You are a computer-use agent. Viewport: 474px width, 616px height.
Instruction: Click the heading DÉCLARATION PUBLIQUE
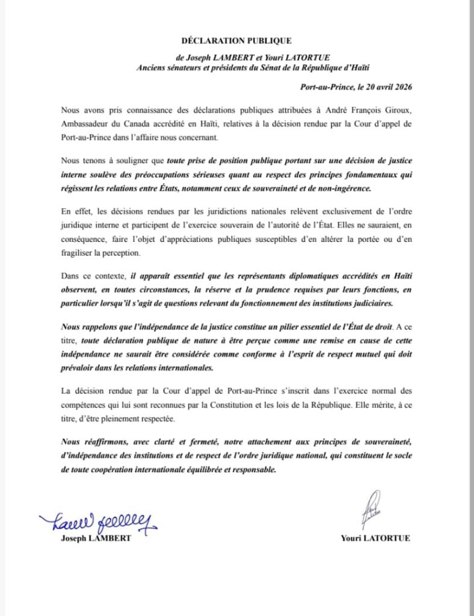(x=236, y=41)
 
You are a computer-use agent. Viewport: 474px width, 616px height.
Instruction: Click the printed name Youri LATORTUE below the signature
(x=375, y=538)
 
